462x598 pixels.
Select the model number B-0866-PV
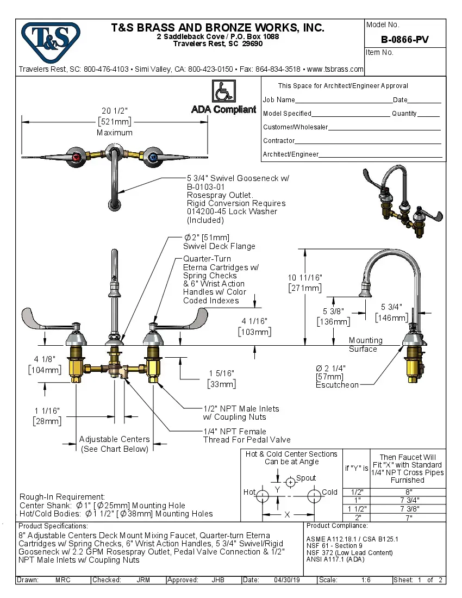[405, 39]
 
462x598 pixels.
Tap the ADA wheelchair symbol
[223, 91]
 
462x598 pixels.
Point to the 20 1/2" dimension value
[114, 110]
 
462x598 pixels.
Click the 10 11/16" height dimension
[305, 277]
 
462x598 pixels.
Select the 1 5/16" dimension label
[221, 373]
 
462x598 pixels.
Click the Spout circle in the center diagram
[291, 482]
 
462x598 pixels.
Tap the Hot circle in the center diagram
[262, 496]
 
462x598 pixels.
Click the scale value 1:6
[366, 580]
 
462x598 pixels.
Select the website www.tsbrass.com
[335, 69]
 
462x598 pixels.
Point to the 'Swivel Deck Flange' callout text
[219, 246]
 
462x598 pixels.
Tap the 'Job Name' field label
[279, 100]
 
